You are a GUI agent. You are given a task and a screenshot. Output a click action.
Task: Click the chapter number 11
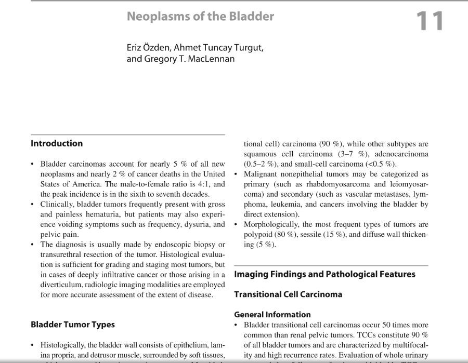[429, 21]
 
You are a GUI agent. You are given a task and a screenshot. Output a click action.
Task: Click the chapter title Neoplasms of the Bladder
[200, 16]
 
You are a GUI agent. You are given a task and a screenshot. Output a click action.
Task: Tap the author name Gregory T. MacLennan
[180, 59]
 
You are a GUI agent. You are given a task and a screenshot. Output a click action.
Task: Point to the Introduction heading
[57, 143]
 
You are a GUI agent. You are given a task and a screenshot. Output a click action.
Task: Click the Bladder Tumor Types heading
[73, 325]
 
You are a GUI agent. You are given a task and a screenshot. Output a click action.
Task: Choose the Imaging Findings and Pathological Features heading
[324, 274]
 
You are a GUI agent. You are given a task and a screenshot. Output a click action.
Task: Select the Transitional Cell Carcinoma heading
[288, 294]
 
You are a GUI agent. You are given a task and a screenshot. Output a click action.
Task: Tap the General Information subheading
[272, 314]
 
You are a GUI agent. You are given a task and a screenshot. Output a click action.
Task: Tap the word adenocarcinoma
[402, 154]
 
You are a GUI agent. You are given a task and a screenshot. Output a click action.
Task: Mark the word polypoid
[259, 234]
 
